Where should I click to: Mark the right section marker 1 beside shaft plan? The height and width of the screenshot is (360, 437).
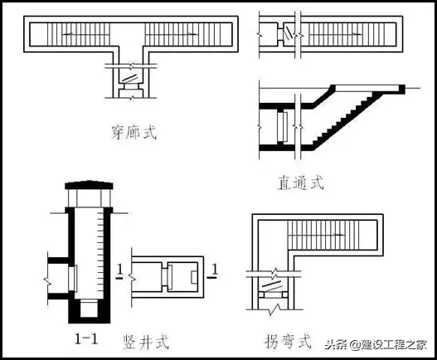click(215, 272)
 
